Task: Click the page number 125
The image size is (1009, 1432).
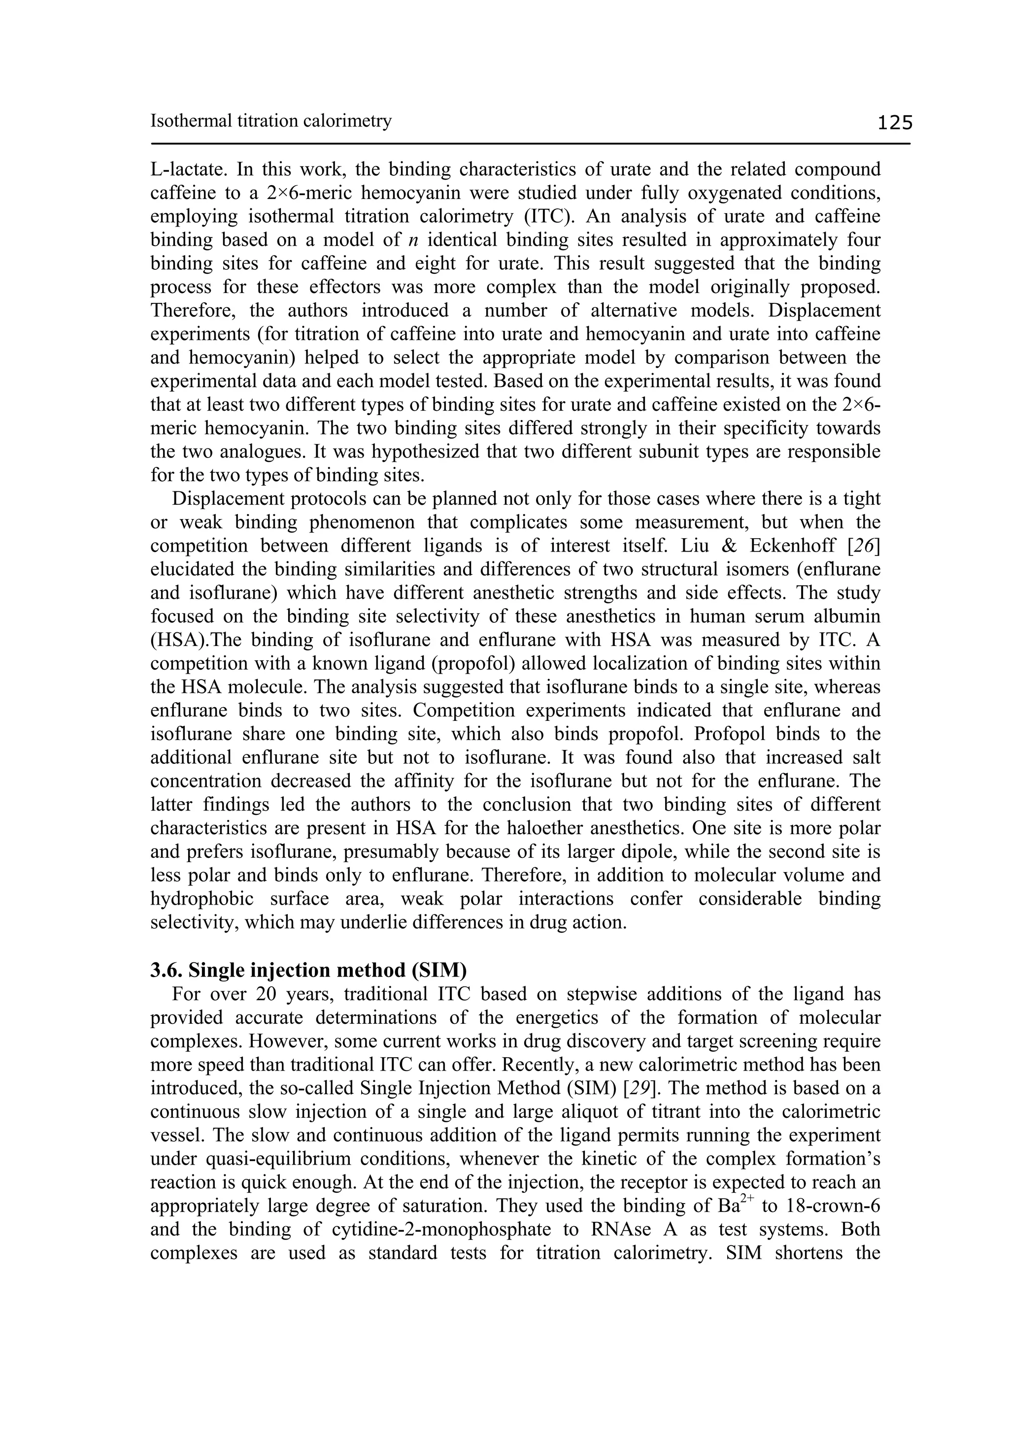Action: [894, 123]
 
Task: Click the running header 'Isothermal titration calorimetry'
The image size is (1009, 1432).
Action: [271, 120]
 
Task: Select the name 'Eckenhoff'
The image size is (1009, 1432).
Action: [789, 546]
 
